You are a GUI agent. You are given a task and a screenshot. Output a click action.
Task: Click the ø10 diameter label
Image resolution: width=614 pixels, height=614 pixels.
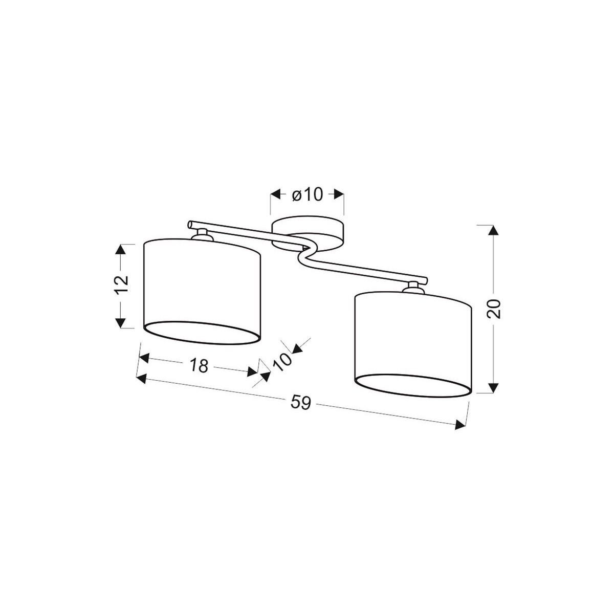click(x=308, y=194)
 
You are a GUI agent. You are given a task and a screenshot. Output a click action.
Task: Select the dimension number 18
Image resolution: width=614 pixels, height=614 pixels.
click(x=200, y=365)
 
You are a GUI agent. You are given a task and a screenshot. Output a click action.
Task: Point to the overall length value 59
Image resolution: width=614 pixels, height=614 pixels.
click(x=301, y=403)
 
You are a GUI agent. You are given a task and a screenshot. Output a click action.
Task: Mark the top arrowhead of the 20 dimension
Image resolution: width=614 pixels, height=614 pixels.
click(x=493, y=229)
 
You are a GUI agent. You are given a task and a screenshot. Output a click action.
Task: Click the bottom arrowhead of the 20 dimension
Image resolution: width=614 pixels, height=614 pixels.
click(x=493, y=388)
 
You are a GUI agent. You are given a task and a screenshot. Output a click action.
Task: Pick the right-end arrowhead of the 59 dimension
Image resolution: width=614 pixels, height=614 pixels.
click(x=460, y=424)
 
